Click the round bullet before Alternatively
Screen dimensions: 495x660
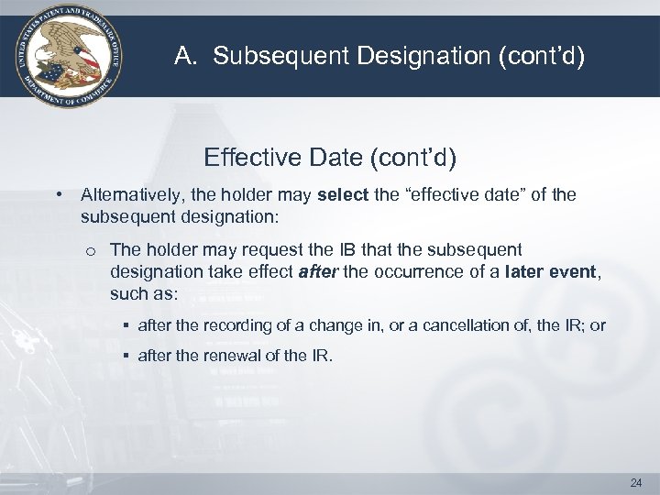point(59,196)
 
